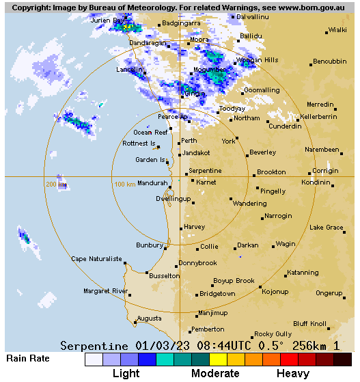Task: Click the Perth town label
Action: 189,141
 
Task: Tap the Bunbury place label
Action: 149,244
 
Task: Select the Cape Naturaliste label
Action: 96,259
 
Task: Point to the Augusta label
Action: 149,318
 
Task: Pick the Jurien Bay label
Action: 109,21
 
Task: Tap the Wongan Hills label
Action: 257,60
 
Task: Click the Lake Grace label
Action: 326,228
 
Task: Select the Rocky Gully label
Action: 273,334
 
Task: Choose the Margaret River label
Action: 105,291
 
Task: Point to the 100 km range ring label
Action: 124,185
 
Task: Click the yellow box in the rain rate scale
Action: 218,359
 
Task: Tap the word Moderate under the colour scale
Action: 215,374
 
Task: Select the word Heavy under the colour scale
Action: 292,374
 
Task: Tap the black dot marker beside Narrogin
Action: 262,218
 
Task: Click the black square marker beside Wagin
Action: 273,246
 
